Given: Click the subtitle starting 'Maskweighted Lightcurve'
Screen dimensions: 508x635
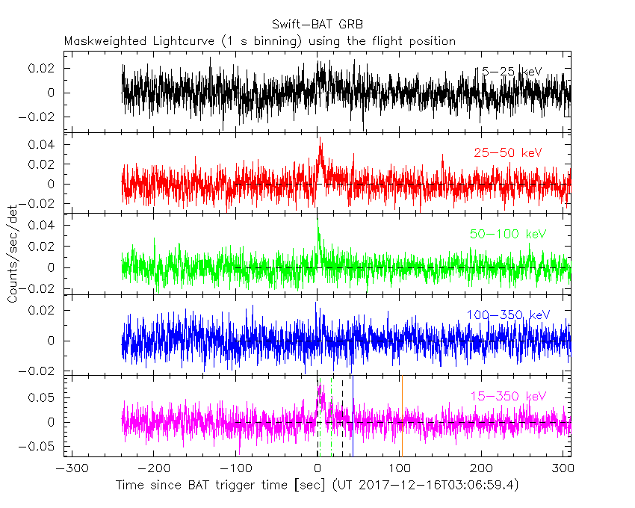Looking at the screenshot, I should pos(260,41).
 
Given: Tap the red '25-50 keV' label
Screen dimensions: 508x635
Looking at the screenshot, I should pos(507,152).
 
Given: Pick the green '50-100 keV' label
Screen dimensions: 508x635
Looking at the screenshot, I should pos(508,234).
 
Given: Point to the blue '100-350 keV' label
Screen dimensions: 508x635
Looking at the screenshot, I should pos(509,315).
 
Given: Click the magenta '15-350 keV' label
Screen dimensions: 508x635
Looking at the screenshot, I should pos(509,395).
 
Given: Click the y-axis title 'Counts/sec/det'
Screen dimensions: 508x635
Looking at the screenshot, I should pos(13,254).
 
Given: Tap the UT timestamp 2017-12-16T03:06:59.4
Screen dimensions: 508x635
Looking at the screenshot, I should pos(427,486).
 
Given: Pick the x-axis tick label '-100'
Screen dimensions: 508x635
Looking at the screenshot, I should pos(235,469).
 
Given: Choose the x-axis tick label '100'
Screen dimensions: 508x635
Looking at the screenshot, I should pos(400,469).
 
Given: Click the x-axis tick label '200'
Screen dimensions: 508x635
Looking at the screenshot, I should pos(482,469).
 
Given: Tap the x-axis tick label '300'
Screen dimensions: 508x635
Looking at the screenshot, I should pos(564,469).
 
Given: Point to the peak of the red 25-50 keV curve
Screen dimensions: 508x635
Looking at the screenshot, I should pos(320,138).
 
